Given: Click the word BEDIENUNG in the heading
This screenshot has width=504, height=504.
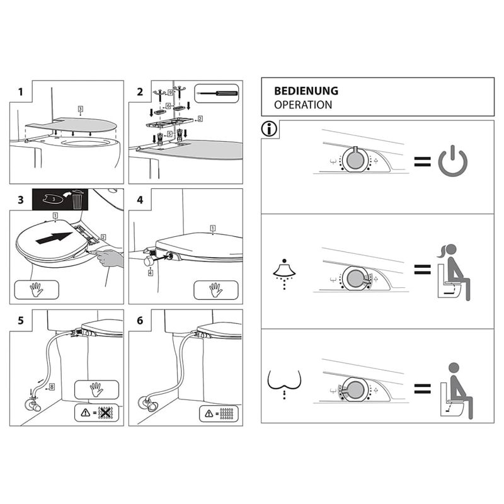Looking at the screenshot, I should coord(306,91).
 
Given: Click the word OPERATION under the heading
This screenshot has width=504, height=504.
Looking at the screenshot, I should coord(303,105).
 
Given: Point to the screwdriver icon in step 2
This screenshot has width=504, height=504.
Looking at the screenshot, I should coord(217,93).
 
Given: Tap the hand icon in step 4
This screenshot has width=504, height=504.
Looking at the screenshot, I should coord(216,289).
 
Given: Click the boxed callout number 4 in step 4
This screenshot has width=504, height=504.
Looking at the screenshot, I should coord(150,273).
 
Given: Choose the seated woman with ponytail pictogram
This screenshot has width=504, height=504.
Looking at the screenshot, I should coord(452,272).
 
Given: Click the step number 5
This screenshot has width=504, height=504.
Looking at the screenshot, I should coord(21,320).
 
